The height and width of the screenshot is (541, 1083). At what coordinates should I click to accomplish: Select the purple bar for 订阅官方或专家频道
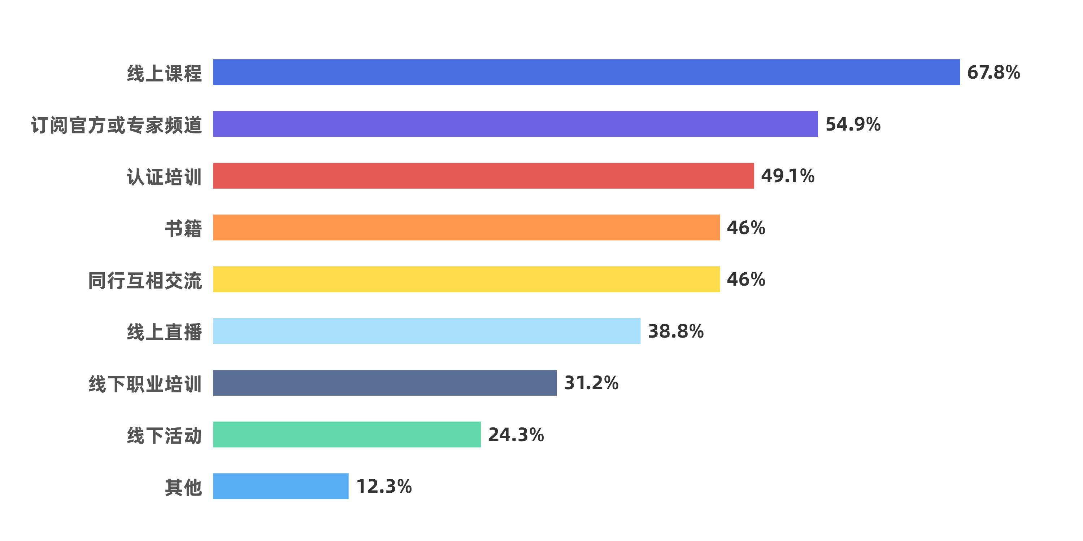pos(515,124)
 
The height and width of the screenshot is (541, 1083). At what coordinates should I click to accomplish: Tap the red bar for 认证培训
pos(483,176)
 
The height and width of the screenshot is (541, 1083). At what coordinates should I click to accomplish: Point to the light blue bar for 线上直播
pos(426,331)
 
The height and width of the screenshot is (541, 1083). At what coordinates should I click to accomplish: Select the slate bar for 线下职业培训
pos(385,383)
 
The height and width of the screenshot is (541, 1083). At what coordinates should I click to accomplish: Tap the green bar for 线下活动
pos(347,434)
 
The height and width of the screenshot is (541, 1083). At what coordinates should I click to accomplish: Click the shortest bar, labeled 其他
pos(280,486)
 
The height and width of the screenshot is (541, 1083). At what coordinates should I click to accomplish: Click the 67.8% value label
pos(993,72)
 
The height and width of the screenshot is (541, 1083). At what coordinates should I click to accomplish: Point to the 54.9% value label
pos(853,124)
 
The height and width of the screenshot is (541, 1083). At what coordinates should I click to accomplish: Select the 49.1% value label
pos(787,176)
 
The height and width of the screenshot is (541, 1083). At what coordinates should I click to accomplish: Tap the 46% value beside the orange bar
pos(746,228)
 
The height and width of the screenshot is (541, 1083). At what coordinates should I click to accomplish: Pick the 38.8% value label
pos(676,331)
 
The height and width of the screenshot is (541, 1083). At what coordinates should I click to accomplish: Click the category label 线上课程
pos(164,73)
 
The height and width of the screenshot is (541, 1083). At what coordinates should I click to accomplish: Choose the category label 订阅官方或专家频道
pos(117,125)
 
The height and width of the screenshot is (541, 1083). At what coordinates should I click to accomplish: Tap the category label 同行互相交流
pos(145,280)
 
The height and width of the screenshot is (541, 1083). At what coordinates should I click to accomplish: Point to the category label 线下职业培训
pos(145,384)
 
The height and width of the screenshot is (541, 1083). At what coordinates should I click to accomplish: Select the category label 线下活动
pos(164,436)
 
